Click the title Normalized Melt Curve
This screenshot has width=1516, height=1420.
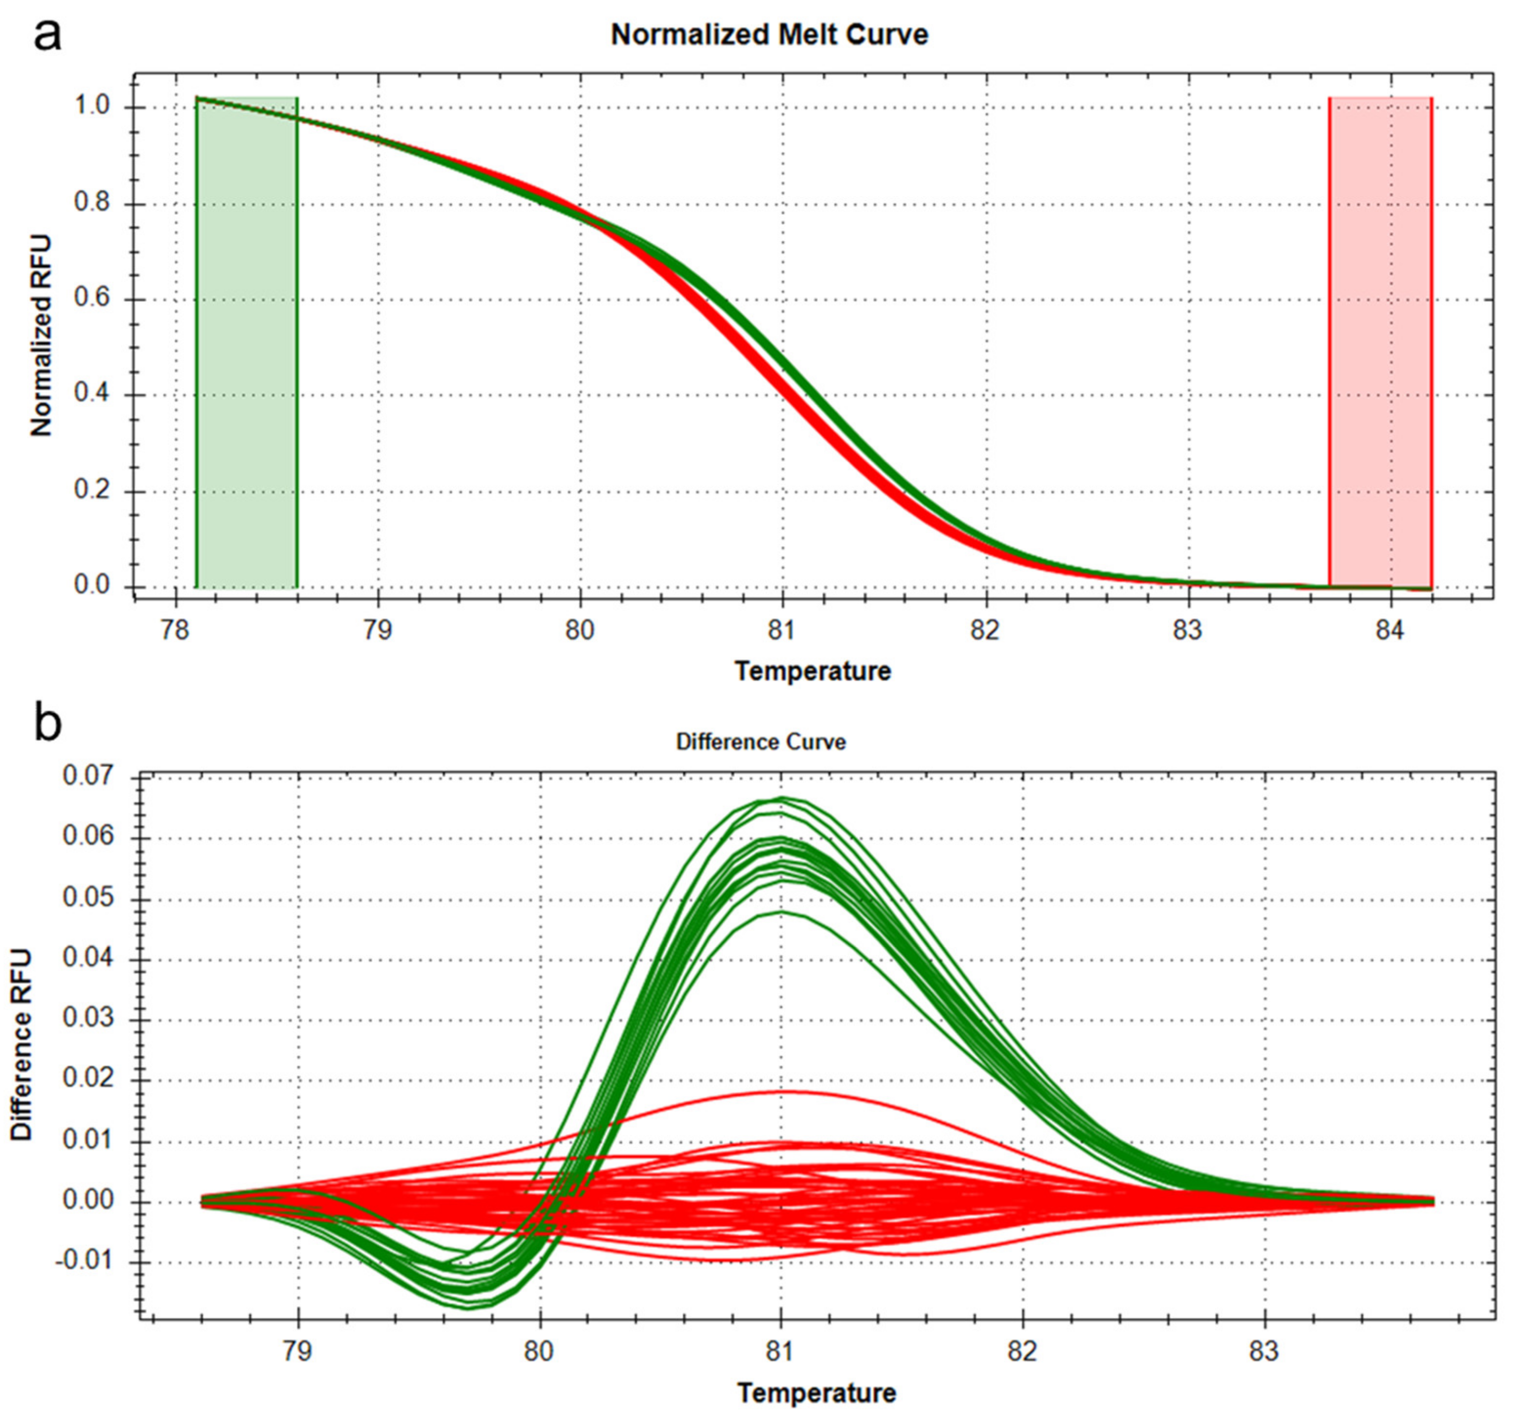click(769, 35)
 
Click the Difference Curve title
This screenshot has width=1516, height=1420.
click(761, 742)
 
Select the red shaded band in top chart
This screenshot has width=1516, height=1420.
click(1380, 343)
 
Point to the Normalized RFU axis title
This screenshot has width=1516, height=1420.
click(42, 335)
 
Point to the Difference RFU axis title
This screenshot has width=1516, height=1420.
click(23, 1045)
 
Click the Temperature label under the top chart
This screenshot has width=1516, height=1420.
click(813, 671)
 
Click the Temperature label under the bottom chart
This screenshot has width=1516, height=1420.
click(817, 1393)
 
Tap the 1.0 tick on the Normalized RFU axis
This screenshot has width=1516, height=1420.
click(94, 107)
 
